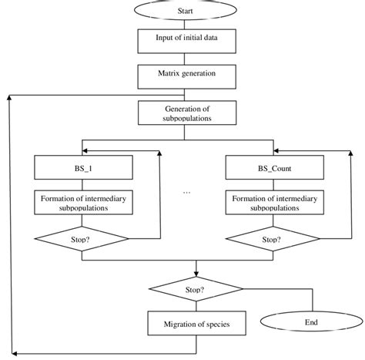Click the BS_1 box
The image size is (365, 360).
pos(83,167)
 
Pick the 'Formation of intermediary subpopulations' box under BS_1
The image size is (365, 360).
pos(83,203)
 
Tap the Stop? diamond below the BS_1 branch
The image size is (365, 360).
pos(83,240)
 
